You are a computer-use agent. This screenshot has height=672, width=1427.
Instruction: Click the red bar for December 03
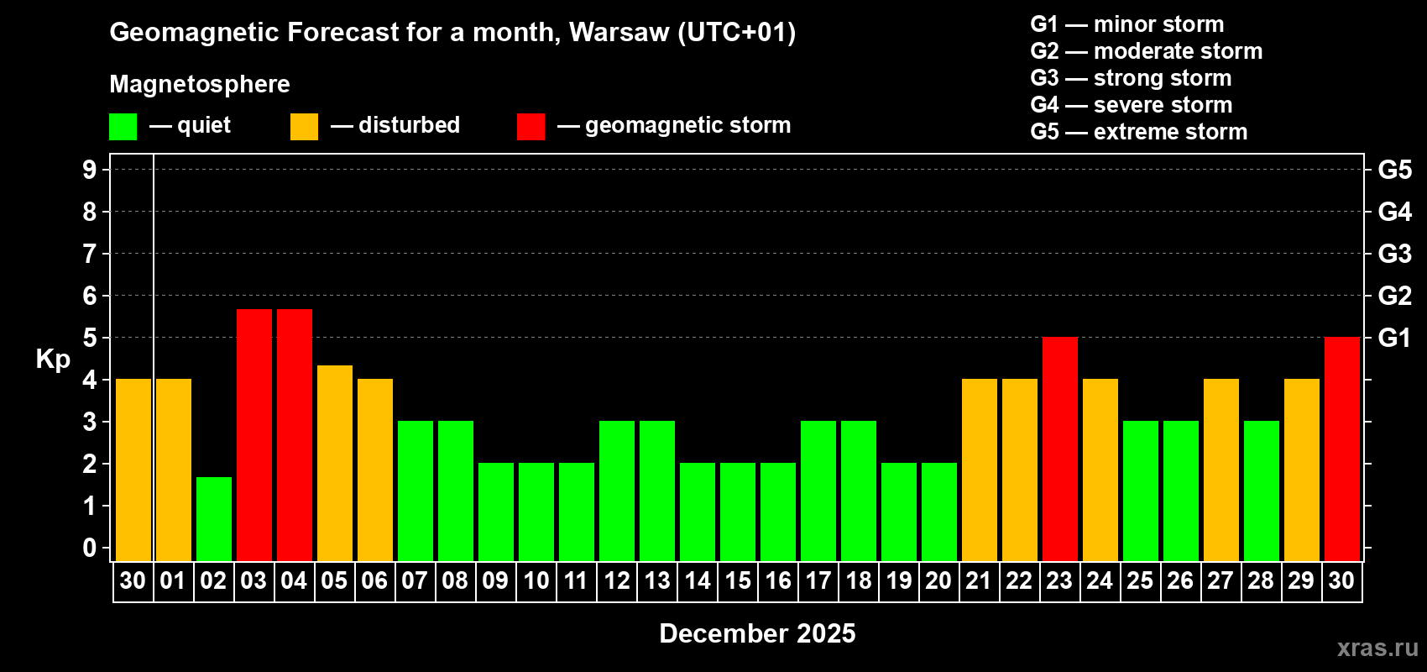point(254,434)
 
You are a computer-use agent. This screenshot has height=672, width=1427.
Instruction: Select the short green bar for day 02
point(214,518)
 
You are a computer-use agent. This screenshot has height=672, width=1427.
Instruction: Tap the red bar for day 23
point(1060,449)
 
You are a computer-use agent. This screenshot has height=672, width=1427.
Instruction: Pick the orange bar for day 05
point(335,463)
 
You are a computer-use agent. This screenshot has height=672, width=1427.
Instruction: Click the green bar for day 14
point(698,512)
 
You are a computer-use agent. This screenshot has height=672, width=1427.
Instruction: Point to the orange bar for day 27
point(1221,470)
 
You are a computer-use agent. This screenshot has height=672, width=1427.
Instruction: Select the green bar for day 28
point(1262,491)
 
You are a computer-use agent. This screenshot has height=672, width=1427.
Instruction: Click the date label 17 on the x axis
point(818,580)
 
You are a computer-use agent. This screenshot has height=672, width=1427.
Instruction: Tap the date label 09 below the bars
point(495,580)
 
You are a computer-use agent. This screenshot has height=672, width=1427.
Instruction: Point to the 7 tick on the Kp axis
point(90,254)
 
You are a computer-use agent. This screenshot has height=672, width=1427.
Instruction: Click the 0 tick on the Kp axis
point(90,548)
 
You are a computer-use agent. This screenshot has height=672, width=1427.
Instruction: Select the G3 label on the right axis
point(1394,254)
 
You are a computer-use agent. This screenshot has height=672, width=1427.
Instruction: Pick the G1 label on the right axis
point(1394,338)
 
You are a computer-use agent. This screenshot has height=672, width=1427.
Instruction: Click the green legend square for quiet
point(123,127)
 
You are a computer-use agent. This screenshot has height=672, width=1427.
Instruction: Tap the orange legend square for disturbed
point(305,127)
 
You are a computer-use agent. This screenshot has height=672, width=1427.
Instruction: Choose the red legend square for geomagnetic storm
point(531,127)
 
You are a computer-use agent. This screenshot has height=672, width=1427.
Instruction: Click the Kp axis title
point(53,360)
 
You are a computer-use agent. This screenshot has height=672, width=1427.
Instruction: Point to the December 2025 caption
point(757,633)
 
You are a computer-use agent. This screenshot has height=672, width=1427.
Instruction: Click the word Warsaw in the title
point(619,32)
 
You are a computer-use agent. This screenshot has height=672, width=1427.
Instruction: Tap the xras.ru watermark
point(1377,648)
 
